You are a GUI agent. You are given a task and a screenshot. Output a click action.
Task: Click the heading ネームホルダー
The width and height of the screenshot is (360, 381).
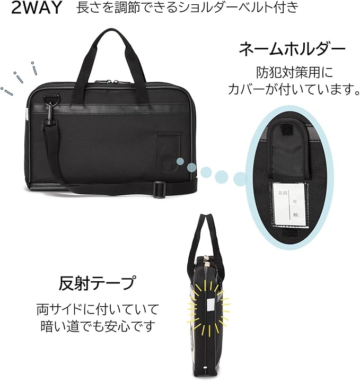[x=292, y=50]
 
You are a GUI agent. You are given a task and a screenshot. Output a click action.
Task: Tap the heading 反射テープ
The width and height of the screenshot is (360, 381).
[x=97, y=282]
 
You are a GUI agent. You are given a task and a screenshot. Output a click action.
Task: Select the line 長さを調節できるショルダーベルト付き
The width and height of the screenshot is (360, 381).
[x=187, y=8]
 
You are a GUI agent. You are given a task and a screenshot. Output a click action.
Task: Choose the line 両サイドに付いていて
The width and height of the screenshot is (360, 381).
[x=97, y=308]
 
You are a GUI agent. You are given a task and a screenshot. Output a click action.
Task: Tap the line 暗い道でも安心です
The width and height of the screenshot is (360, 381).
[x=97, y=324]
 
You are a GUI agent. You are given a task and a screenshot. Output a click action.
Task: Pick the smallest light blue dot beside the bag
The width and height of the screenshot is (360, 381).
[x=180, y=161]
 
